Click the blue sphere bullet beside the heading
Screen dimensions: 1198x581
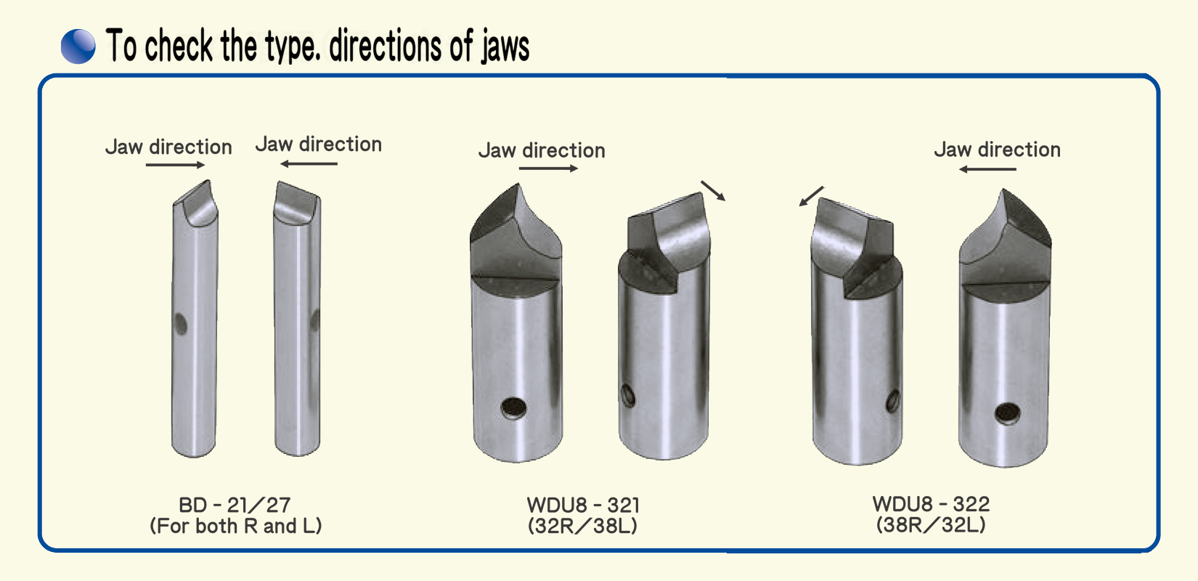[x=78, y=46]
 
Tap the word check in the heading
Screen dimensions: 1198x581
[x=179, y=45]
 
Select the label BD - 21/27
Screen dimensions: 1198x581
[x=235, y=505]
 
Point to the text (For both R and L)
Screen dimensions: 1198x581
[x=236, y=526]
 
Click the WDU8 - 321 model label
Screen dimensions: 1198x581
[x=583, y=505]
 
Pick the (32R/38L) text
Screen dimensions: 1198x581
[x=583, y=526]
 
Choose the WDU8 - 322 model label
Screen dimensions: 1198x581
[x=931, y=504]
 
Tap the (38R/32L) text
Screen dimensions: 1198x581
[x=931, y=525]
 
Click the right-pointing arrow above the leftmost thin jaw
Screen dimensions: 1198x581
[x=175, y=165]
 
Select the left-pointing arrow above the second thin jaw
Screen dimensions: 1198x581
[x=309, y=163]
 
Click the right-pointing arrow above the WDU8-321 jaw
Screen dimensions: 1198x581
[x=548, y=168]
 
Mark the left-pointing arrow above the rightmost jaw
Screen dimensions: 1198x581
[x=987, y=169]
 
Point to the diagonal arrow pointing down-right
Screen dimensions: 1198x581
[x=713, y=190]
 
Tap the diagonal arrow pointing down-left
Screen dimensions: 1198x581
[x=811, y=196]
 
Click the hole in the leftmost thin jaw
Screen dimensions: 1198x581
[x=181, y=324]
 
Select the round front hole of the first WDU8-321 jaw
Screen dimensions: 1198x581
[x=513, y=408]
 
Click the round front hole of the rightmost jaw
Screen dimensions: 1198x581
[x=1008, y=413]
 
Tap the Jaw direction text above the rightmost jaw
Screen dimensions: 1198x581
[x=998, y=150]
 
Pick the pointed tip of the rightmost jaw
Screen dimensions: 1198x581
[x=1003, y=190]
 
